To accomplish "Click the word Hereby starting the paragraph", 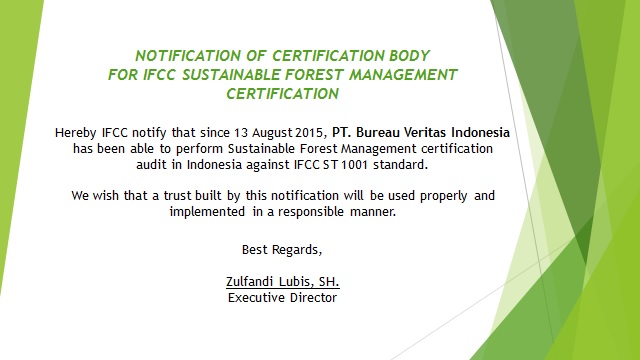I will tap(78, 132).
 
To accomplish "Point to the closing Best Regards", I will tap(282, 248).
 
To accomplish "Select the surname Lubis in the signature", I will tap(301, 281).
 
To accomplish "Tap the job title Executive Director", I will tap(282, 297).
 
